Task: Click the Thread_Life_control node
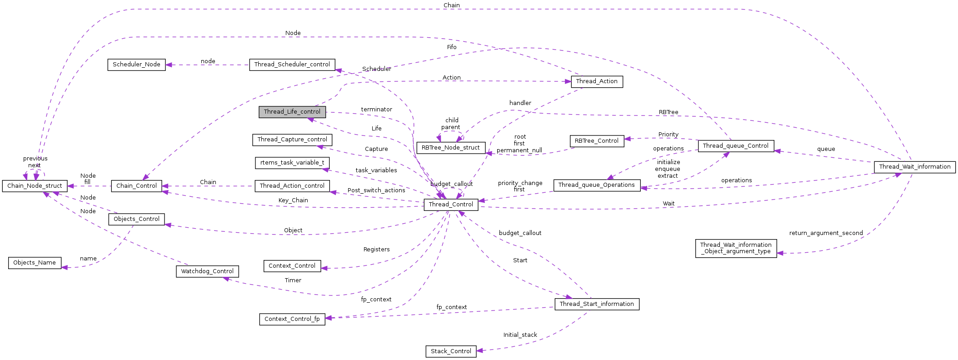click(292, 112)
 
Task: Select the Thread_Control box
click(451, 205)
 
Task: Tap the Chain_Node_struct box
click(35, 186)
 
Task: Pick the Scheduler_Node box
click(136, 65)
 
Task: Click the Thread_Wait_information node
click(914, 167)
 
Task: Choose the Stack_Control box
click(451, 351)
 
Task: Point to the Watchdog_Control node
click(207, 271)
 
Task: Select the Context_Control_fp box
click(292, 319)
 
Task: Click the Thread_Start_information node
click(596, 304)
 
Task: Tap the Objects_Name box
click(35, 263)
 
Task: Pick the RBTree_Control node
click(596, 141)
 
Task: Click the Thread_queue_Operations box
click(596, 185)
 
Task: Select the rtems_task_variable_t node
click(292, 163)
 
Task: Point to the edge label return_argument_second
click(826, 233)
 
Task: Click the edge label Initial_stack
click(520, 335)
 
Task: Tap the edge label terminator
click(376, 110)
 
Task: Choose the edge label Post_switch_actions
click(376, 190)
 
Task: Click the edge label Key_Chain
click(293, 200)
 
